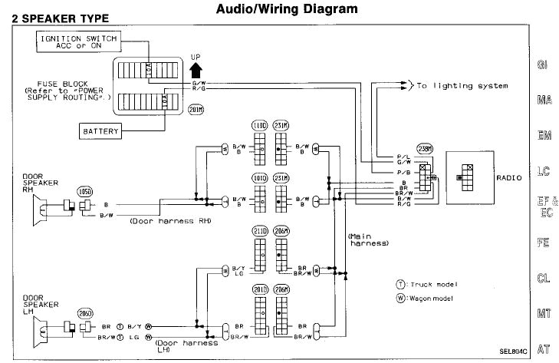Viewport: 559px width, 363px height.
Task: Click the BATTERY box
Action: (x=100, y=130)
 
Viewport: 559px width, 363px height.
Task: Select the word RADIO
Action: (x=508, y=177)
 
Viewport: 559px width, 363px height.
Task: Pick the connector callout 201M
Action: (x=196, y=110)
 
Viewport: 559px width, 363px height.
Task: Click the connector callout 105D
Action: (x=84, y=190)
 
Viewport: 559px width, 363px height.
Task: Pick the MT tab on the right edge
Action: (x=543, y=314)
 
